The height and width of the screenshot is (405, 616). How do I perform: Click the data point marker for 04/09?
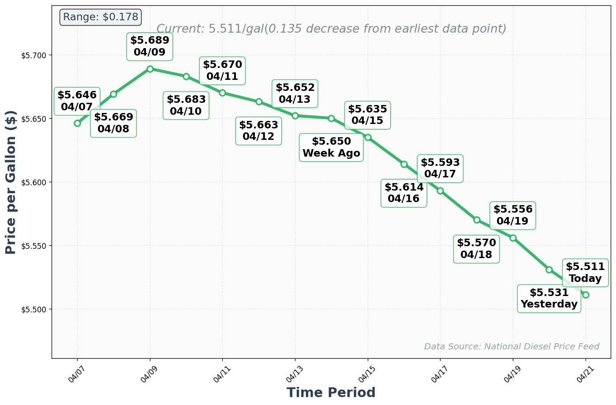click(150, 69)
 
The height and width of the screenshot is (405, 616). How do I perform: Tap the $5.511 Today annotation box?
click(585, 273)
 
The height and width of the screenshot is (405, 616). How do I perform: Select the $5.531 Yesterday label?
click(549, 299)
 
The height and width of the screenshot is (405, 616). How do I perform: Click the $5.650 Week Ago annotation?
click(331, 148)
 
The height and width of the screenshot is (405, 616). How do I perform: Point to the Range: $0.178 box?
click(101, 17)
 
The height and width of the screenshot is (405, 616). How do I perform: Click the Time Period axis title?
click(331, 393)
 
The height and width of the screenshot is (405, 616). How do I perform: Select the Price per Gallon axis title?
click(11, 182)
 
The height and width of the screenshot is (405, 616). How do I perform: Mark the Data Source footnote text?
click(511, 347)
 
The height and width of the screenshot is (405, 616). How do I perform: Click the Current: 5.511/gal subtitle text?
click(331, 29)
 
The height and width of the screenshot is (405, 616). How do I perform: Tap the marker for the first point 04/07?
click(77, 123)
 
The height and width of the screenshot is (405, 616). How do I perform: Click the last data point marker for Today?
click(586, 295)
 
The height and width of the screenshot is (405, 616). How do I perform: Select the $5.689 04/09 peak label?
click(149, 46)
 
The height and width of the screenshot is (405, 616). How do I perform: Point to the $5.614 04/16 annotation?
click(404, 193)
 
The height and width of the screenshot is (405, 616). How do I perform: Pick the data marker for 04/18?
click(477, 220)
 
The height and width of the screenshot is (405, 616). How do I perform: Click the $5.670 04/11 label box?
click(222, 71)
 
